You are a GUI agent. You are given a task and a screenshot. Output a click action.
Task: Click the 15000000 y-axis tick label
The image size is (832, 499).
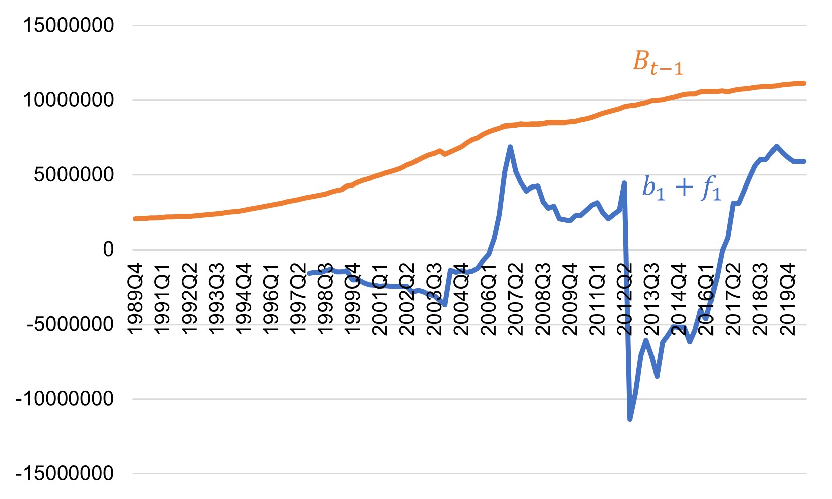[69, 25]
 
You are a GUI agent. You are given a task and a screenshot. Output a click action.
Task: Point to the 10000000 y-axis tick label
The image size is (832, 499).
[69, 100]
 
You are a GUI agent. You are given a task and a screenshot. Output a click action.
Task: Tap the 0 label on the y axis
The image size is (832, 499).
[108, 249]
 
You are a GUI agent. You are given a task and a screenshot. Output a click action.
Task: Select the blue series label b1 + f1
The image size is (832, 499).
[681, 189]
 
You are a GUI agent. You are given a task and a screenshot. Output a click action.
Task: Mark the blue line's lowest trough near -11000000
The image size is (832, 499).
[630, 419]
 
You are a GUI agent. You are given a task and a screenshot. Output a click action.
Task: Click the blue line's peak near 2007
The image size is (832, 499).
[510, 147]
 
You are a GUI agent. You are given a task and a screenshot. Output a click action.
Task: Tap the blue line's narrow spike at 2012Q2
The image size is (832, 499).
[624, 183]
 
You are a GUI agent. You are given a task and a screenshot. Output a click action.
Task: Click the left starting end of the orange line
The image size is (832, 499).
[135, 219]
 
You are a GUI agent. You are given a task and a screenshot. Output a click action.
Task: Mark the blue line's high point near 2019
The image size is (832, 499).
[776, 146]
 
